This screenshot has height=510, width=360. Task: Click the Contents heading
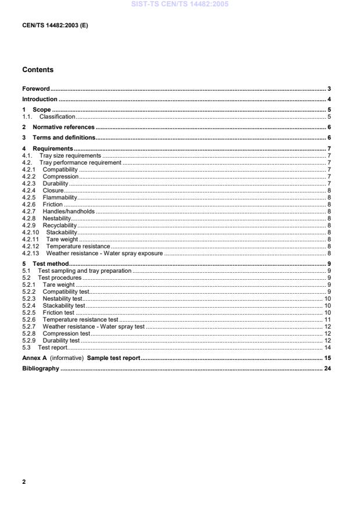tap(38, 70)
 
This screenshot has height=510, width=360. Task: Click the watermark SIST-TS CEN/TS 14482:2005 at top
tap(180, 4)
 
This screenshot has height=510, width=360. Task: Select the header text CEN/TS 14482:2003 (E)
tap(55, 26)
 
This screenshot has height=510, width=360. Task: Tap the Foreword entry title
tap(35, 89)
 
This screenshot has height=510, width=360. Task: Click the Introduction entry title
tap(40, 99)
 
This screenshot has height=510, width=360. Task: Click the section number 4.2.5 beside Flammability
tap(29, 197)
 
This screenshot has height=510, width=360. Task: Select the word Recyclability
tap(59, 225)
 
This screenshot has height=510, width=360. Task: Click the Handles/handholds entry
tap(69, 211)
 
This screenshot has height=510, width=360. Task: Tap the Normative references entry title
tap(63, 127)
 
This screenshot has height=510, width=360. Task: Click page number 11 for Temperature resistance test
tap(327, 320)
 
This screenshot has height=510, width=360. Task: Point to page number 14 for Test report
tap(327, 348)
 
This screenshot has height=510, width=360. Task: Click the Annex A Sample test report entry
tap(81, 358)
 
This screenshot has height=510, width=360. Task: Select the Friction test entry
tap(58, 313)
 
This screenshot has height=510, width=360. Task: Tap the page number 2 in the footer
tap(24, 482)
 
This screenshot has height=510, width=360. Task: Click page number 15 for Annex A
tap(327, 358)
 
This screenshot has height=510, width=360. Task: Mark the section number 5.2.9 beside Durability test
tap(29, 341)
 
